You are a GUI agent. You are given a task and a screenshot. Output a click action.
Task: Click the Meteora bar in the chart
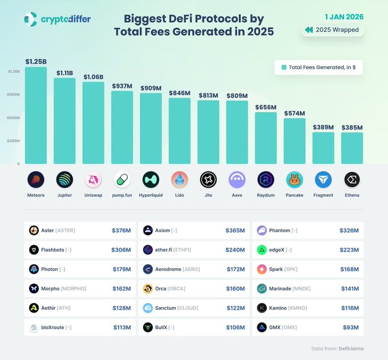click(x=35, y=116)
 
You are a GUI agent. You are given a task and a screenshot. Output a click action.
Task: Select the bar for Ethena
click(x=352, y=148)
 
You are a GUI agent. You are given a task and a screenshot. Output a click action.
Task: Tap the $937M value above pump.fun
click(x=122, y=86)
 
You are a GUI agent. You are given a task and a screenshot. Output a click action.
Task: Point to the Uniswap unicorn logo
click(x=94, y=180)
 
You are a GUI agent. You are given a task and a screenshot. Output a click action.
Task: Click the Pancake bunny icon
click(x=294, y=180)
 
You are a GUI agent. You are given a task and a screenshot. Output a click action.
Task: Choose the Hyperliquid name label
click(x=151, y=195)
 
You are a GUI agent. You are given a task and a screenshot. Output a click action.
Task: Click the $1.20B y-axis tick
click(x=14, y=71)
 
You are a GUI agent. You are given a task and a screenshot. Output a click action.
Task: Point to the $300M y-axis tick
click(x=14, y=140)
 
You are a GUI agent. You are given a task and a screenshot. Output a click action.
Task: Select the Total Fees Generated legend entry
click(x=318, y=67)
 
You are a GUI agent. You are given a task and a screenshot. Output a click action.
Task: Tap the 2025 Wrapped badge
click(x=332, y=30)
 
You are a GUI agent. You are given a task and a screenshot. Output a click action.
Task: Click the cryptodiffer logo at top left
click(x=57, y=19)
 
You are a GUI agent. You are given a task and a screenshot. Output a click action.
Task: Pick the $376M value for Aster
click(x=122, y=230)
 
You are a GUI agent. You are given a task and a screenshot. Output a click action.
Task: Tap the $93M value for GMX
click(x=351, y=327)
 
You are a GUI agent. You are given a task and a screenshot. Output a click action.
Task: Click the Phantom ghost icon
click(x=262, y=230)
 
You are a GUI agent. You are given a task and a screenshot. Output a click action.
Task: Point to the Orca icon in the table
click(x=148, y=289)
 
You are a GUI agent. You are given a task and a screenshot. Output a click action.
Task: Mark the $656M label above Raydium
click(x=266, y=107)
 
